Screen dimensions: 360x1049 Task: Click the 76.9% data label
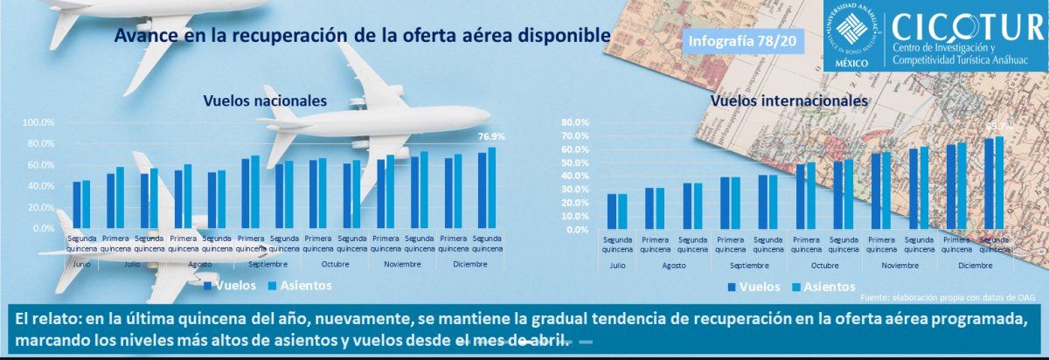click(490, 137)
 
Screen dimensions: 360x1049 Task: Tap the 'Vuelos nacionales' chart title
click(265, 101)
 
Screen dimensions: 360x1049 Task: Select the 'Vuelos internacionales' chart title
click(789, 101)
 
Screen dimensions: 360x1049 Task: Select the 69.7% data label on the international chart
click(998, 126)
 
